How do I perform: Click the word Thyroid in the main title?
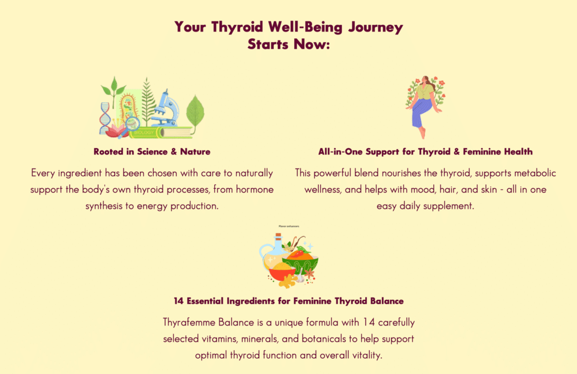pos(237,28)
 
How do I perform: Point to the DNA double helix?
pos(105,118)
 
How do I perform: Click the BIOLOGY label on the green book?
pos(144,132)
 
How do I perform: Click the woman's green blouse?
pos(425,92)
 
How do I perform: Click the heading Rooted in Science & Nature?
pos(152,152)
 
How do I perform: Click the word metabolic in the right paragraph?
pos(535,173)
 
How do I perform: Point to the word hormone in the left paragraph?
pos(255,189)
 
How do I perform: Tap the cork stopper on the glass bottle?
pos(278,236)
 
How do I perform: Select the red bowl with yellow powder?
pos(282,271)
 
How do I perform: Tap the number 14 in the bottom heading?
pos(178,301)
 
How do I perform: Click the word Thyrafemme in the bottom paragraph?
pos(189,323)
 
